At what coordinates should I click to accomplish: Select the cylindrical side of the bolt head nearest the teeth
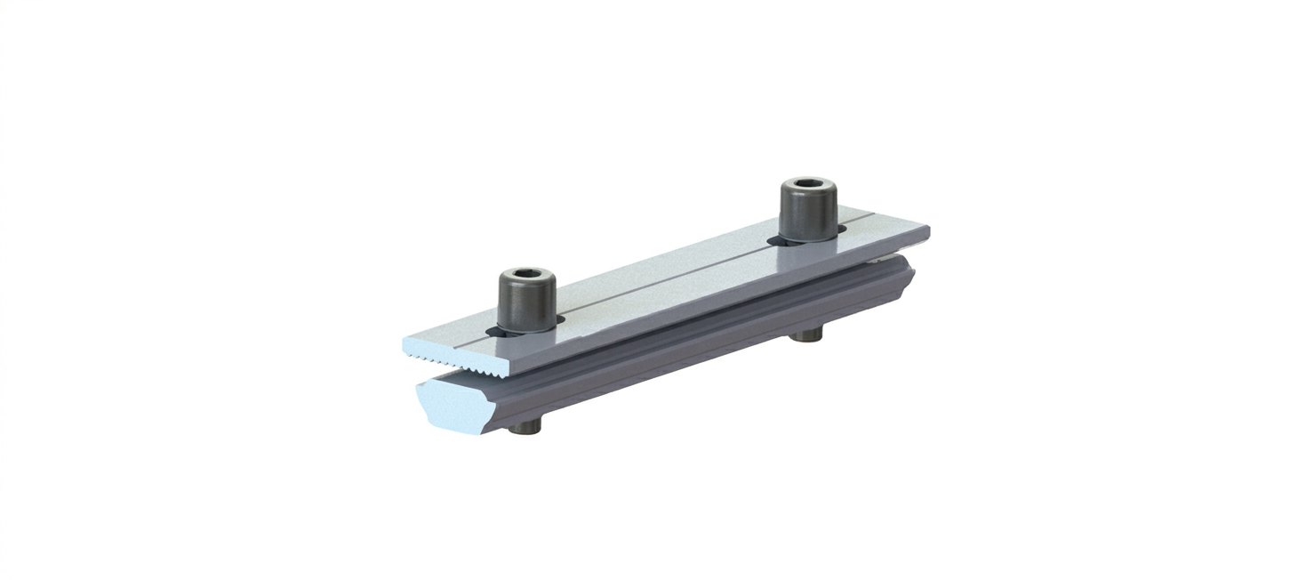click(x=525, y=305)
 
